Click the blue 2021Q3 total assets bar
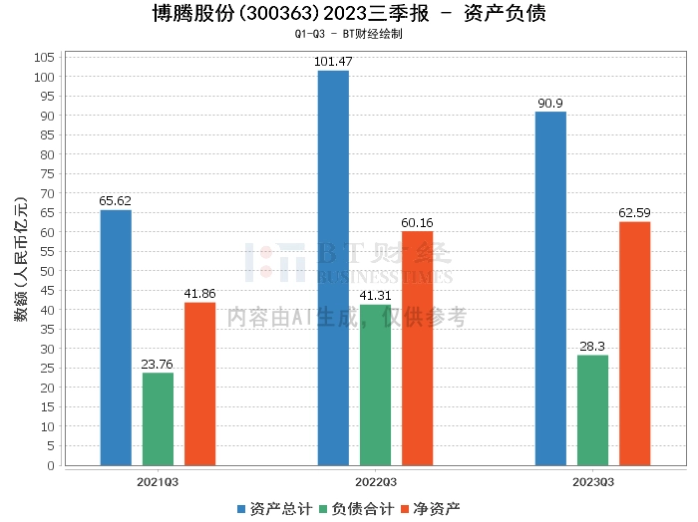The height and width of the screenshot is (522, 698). (116, 338)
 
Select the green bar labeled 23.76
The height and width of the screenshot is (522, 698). (158, 418)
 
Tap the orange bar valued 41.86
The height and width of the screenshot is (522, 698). (199, 384)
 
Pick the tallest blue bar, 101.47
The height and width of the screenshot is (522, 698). (333, 268)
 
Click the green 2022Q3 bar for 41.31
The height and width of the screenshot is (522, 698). (375, 385)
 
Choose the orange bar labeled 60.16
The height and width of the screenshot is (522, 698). (417, 349)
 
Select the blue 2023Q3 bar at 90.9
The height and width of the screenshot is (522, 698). (550, 288)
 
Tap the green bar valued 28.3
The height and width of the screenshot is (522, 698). (592, 409)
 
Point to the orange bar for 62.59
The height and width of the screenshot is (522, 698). (634, 344)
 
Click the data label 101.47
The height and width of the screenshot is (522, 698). (333, 62)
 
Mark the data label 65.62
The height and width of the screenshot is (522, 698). (116, 201)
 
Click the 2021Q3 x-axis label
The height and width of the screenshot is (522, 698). (158, 481)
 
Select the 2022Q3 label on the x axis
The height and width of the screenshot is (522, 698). (375, 481)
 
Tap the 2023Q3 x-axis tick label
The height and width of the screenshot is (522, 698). (592, 481)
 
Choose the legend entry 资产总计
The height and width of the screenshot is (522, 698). (270, 508)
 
